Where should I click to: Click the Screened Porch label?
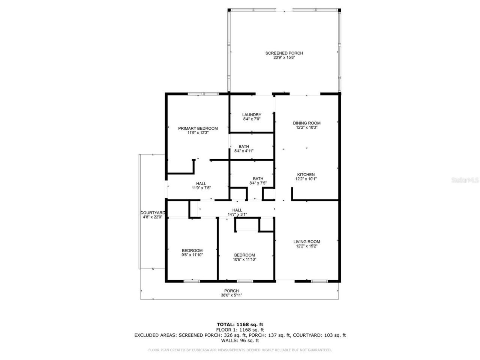point(284,53)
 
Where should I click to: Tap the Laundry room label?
point(252,115)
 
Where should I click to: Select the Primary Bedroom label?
point(198,128)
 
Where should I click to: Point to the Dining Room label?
point(306,123)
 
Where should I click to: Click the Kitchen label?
point(306,175)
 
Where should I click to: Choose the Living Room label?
point(306,242)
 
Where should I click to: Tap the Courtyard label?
point(152,213)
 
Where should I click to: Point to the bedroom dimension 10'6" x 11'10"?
point(244,259)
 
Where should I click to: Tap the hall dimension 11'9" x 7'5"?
point(201,188)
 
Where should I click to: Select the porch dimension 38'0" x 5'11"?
point(231,295)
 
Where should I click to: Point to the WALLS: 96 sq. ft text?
point(240,341)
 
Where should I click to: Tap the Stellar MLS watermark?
point(465,180)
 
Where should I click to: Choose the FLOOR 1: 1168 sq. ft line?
point(240,330)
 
